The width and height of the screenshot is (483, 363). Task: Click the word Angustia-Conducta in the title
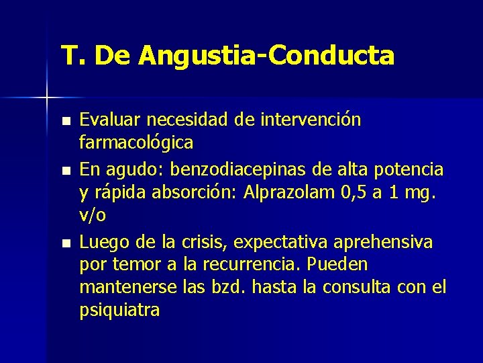(x=266, y=56)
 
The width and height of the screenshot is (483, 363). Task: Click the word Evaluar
(x=111, y=120)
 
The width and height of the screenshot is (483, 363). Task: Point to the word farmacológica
(x=136, y=143)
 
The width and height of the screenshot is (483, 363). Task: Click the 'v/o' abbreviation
(x=93, y=216)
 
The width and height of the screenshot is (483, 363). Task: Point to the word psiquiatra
(x=119, y=311)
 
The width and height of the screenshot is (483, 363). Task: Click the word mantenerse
(x=128, y=287)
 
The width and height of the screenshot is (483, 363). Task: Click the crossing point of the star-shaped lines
(x=47, y=98)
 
